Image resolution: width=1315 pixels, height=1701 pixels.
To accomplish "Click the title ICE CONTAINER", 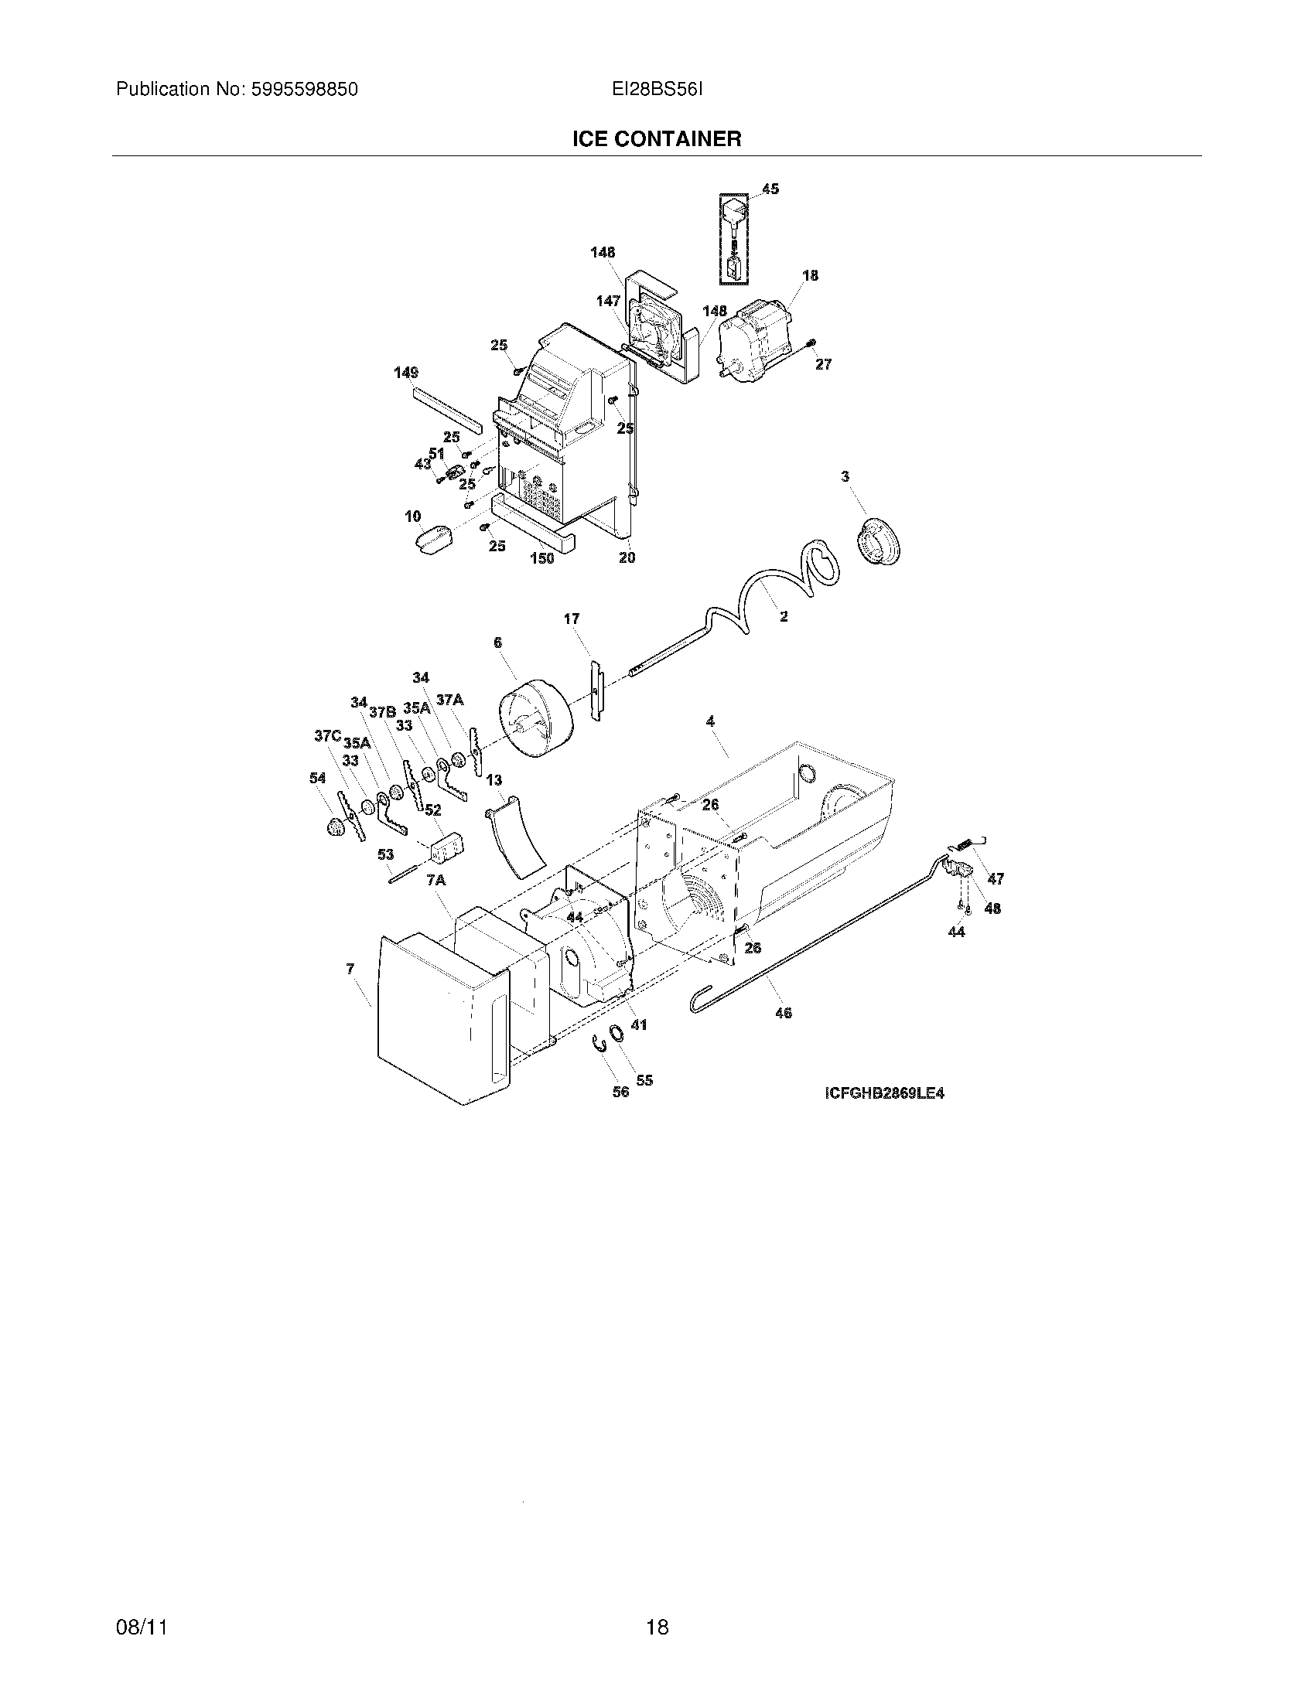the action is coord(657,139).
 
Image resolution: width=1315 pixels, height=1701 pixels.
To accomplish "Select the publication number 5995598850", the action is coord(303,90).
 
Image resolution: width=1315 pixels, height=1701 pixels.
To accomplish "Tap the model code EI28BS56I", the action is coord(657,90).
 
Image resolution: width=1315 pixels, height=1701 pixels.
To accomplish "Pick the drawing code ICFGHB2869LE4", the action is coord(884,1093).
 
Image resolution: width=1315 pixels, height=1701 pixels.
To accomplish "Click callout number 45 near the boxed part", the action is coord(770,189).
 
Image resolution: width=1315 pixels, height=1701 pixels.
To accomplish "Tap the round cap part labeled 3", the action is coord(881,537).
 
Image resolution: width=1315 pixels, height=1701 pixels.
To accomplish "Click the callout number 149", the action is coord(406,373).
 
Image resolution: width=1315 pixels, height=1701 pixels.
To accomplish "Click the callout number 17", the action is coord(572,619).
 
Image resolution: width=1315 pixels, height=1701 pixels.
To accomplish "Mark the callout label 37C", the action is coord(327,735).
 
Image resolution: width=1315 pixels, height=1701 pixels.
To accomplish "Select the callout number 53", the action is coord(386,854).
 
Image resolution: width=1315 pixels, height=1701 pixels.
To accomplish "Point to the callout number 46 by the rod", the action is coord(784,1014).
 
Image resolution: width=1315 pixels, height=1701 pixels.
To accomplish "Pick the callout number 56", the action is coord(620,1092).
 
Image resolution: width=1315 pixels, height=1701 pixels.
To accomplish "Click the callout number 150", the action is coord(542,558).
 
